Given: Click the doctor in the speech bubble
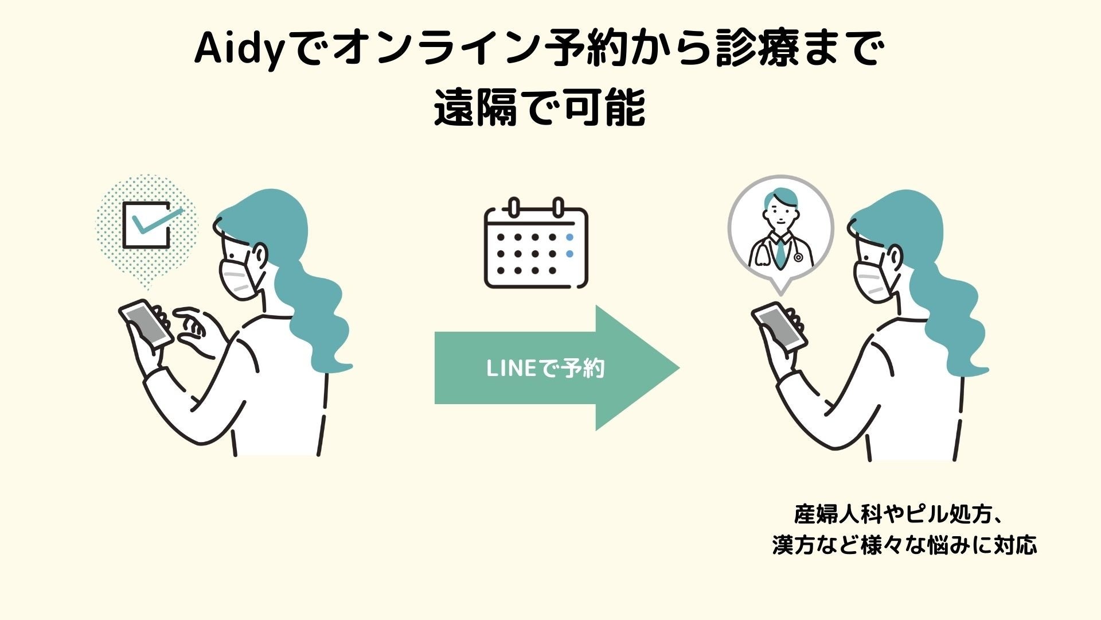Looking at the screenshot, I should click(780, 230).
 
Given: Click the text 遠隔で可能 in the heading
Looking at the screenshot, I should click(540, 108).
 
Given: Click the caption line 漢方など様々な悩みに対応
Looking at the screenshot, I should click(904, 545).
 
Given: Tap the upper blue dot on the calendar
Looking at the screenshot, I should click(569, 237).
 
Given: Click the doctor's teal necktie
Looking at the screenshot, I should click(780, 253).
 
